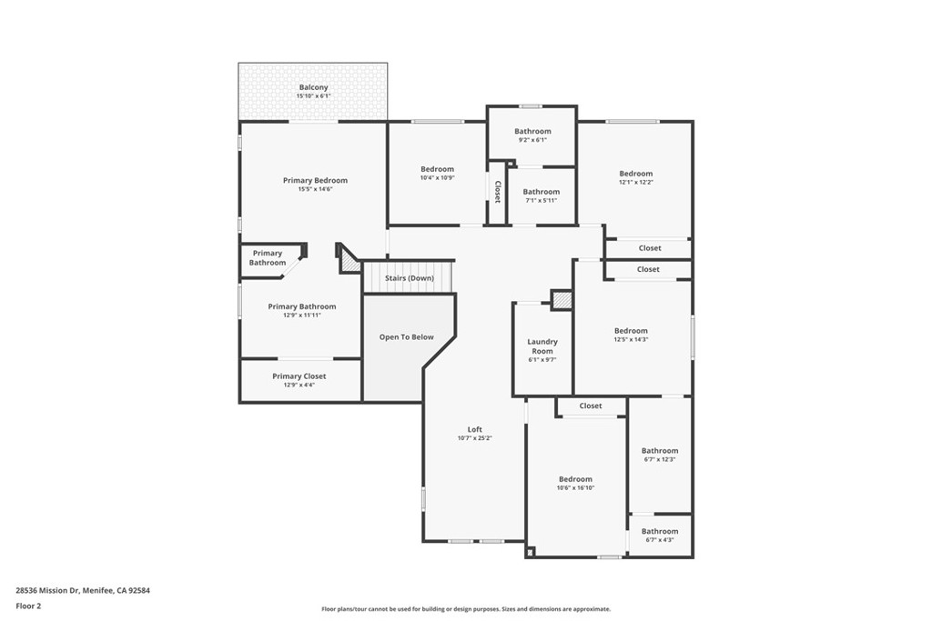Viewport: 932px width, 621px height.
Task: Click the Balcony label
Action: (x=313, y=87)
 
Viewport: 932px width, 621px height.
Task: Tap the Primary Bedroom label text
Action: (x=315, y=180)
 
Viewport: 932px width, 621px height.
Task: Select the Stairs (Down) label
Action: (x=409, y=278)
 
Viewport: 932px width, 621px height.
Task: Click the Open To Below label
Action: (x=406, y=337)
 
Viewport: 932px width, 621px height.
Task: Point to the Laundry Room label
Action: (x=542, y=346)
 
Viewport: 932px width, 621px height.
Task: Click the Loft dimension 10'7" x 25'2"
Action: (x=474, y=438)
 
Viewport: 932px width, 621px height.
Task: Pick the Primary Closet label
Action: (x=299, y=376)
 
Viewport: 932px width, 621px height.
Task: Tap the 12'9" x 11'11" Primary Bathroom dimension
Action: (x=301, y=315)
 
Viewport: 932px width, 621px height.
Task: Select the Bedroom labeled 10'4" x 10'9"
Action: (x=437, y=169)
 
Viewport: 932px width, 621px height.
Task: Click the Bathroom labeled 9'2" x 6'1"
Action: (x=532, y=131)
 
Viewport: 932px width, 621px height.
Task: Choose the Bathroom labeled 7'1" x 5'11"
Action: (x=541, y=192)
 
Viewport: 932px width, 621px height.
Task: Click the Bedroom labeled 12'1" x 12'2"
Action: (x=635, y=174)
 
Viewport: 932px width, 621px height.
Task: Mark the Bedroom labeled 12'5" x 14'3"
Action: (x=631, y=331)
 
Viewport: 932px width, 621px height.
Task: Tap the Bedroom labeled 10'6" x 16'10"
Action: (x=575, y=479)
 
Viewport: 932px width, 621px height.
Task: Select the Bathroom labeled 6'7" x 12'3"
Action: (x=659, y=451)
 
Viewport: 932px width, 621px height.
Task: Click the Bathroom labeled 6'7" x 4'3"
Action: (x=659, y=531)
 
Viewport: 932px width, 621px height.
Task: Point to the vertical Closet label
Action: (x=498, y=191)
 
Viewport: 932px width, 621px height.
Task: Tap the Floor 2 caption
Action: (x=28, y=606)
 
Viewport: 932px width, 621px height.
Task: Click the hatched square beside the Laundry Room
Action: (x=562, y=299)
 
